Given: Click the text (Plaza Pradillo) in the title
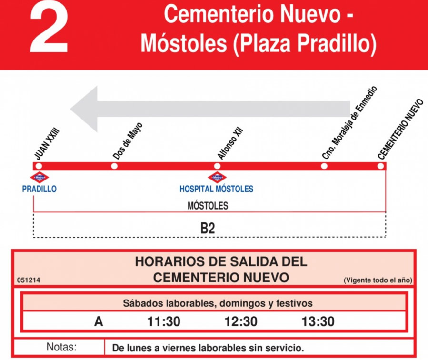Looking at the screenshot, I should pyautogui.click(x=305, y=44).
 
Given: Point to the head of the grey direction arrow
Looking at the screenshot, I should pyautogui.click(x=86, y=109).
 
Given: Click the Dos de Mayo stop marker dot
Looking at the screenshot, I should pyautogui.click(x=114, y=166).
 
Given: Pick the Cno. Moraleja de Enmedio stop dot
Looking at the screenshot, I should pyautogui.click(x=324, y=166).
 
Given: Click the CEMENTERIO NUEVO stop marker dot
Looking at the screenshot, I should pyautogui.click(x=380, y=166).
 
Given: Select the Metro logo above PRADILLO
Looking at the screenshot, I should pyautogui.click(x=40, y=178).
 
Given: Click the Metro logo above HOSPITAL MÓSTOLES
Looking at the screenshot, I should pyautogui.click(x=217, y=178).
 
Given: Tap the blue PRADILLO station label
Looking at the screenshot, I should pyautogui.click(x=40, y=189).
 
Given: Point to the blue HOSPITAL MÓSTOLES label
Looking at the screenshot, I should pyautogui.click(x=217, y=189).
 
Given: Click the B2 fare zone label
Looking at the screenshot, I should pyautogui.click(x=208, y=228).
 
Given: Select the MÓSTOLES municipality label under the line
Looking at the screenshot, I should pyautogui.click(x=208, y=206).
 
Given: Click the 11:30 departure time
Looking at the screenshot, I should pyautogui.click(x=164, y=321).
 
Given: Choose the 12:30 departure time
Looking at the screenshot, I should pyautogui.click(x=241, y=321).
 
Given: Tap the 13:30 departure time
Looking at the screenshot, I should pyautogui.click(x=318, y=321).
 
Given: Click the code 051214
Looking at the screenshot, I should pyautogui.click(x=29, y=280).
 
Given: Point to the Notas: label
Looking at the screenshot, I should pyautogui.click(x=61, y=347).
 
